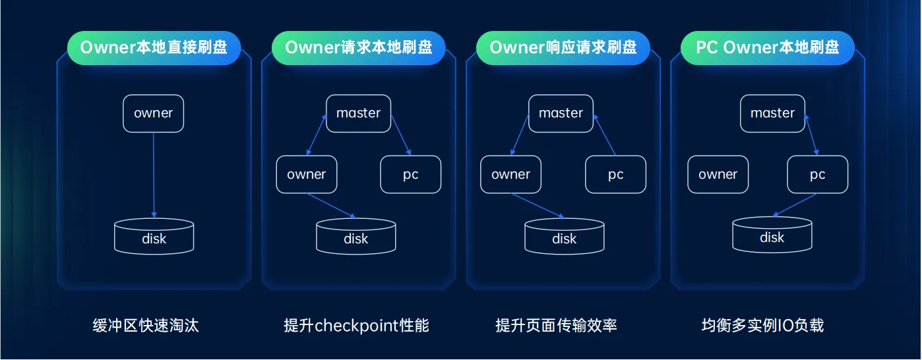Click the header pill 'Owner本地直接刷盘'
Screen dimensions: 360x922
[154, 47]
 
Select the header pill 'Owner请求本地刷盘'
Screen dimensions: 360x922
[358, 47]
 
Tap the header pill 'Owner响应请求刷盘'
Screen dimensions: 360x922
[563, 47]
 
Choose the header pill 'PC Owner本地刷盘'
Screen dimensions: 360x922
[767, 47]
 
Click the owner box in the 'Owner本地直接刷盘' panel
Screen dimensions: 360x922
[153, 113]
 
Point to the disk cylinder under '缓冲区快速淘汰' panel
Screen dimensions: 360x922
[154, 237]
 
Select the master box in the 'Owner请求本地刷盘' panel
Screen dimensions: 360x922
[358, 113]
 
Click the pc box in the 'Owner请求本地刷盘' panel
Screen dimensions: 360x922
[410, 175]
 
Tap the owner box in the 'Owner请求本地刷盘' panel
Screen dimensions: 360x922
[306, 175]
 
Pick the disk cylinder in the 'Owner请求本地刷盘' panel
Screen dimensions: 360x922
[355, 237]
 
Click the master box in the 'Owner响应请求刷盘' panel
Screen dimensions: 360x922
[561, 113]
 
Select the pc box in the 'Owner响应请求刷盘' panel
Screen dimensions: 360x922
[615, 175]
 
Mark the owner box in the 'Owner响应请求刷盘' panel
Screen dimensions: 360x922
[510, 175]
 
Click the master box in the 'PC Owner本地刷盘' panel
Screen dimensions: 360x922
[772, 113]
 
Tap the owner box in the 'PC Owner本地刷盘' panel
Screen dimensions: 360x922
[718, 175]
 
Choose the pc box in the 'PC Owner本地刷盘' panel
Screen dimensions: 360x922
[817, 175]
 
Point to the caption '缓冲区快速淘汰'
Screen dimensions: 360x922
[146, 326]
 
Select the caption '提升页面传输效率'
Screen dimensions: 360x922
[556, 326]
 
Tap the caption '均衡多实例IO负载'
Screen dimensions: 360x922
[762, 326]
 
